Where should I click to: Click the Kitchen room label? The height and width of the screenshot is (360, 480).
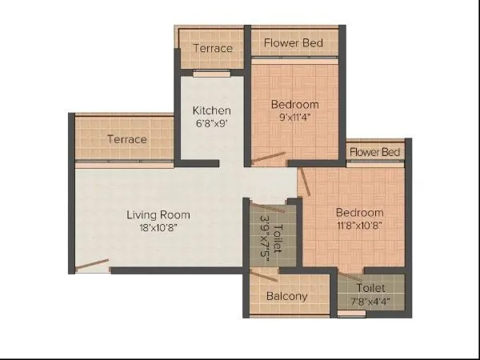[212, 110]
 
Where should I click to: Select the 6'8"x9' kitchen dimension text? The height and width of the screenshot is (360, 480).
[212, 124]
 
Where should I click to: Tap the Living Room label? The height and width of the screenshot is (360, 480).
[158, 214]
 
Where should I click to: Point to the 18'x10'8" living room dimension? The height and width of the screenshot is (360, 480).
[158, 228]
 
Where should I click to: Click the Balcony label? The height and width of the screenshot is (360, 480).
[287, 296]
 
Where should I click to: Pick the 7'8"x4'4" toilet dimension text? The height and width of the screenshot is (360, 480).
[370, 301]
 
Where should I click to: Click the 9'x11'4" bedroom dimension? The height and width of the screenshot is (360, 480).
[294, 118]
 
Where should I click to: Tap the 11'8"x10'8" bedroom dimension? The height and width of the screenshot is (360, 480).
[359, 226]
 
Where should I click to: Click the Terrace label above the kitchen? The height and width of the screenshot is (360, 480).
[213, 48]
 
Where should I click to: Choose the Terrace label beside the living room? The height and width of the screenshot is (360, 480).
[127, 139]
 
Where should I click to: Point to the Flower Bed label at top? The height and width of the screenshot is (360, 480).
[293, 42]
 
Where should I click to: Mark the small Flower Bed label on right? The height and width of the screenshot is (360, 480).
[374, 151]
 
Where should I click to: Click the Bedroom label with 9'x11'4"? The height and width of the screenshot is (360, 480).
[294, 104]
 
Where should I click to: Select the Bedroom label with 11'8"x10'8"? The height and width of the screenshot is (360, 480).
[359, 212]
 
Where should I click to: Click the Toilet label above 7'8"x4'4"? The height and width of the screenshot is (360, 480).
[370, 287]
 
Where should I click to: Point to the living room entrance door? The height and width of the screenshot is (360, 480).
[92, 265]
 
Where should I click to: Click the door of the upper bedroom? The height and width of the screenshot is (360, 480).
[267, 158]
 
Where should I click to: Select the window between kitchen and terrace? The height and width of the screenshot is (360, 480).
[212, 73]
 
